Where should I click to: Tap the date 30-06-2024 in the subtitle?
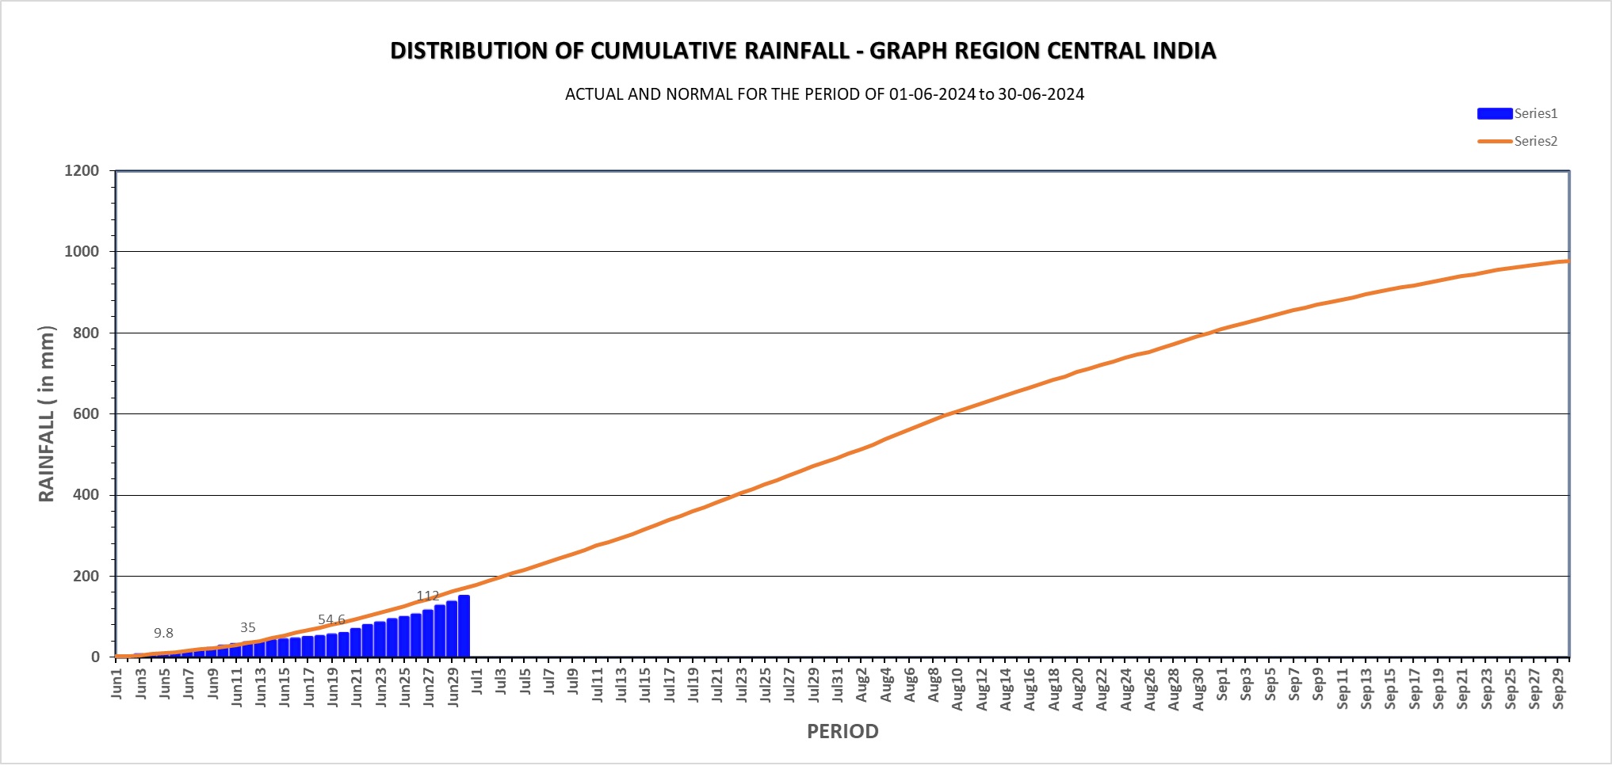click(x=1041, y=94)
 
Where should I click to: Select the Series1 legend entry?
click(x=1517, y=113)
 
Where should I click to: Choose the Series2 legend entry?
click(x=1517, y=141)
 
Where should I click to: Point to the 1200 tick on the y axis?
click(x=82, y=170)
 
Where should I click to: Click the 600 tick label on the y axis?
click(x=86, y=413)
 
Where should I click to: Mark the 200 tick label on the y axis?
click(x=86, y=576)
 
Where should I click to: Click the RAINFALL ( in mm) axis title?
click(x=47, y=413)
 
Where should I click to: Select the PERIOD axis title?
click(x=842, y=731)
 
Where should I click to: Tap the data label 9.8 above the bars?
click(x=163, y=633)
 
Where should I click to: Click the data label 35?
click(x=248, y=627)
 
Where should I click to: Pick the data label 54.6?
click(x=331, y=619)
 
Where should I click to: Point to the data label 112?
click(x=428, y=596)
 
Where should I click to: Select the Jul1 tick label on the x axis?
click(x=477, y=682)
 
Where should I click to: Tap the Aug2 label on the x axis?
click(x=861, y=684)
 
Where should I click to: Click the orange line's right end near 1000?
click(x=1565, y=261)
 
